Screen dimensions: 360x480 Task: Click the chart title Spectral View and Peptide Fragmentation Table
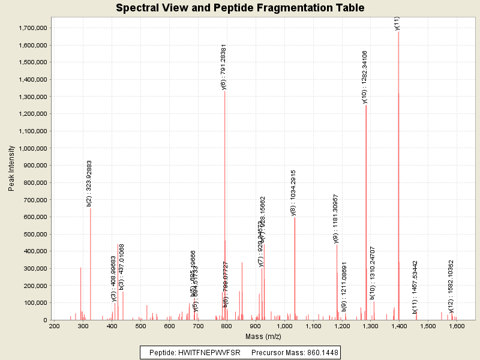click(240, 8)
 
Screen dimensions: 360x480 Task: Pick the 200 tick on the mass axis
click(54, 326)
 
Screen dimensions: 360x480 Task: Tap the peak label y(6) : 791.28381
click(224, 67)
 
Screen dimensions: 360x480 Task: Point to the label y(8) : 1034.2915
click(293, 192)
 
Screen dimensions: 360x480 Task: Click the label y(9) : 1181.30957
click(336, 219)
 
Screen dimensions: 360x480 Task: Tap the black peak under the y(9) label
click(337, 282)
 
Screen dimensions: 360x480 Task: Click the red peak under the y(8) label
click(295, 270)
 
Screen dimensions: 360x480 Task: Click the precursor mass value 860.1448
click(321, 352)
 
